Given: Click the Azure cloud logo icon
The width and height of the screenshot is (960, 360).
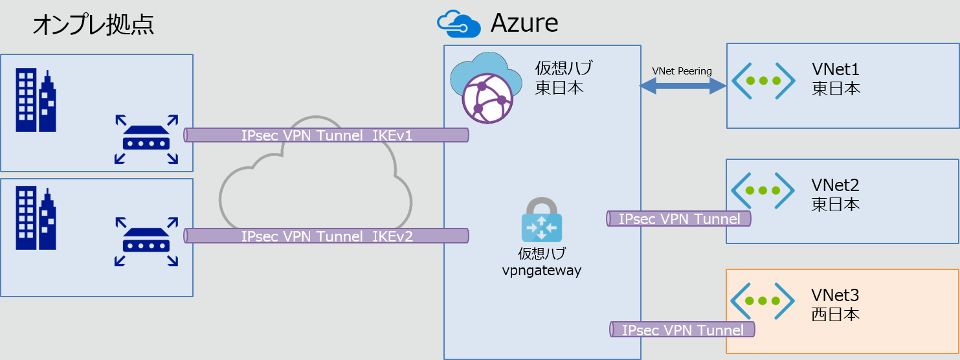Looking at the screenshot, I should (x=458, y=23).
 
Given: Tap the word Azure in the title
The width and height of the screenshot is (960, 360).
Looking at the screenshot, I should (x=524, y=23).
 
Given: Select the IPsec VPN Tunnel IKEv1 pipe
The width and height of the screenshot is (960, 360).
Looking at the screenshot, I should (x=327, y=135).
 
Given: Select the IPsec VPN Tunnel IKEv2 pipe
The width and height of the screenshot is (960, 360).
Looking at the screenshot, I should (x=327, y=236).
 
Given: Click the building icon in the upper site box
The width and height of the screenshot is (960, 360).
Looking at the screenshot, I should (x=36, y=101).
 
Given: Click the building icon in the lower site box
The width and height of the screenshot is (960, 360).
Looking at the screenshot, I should (x=36, y=218).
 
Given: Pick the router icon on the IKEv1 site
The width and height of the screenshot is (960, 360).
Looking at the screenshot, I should (x=146, y=139).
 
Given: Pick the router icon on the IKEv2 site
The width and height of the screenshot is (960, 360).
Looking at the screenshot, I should (x=146, y=242).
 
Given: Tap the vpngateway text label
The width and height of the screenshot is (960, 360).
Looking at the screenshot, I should (x=541, y=271).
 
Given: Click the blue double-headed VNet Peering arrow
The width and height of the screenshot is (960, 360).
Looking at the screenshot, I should (x=683, y=86).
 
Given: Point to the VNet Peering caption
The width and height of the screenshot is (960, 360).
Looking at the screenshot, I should (x=682, y=71).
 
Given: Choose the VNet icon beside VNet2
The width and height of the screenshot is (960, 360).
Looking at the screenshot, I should (x=763, y=190).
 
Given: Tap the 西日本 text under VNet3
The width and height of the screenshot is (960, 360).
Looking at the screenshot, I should (x=836, y=315).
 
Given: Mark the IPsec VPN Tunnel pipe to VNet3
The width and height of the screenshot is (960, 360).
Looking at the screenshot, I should (x=682, y=330).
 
